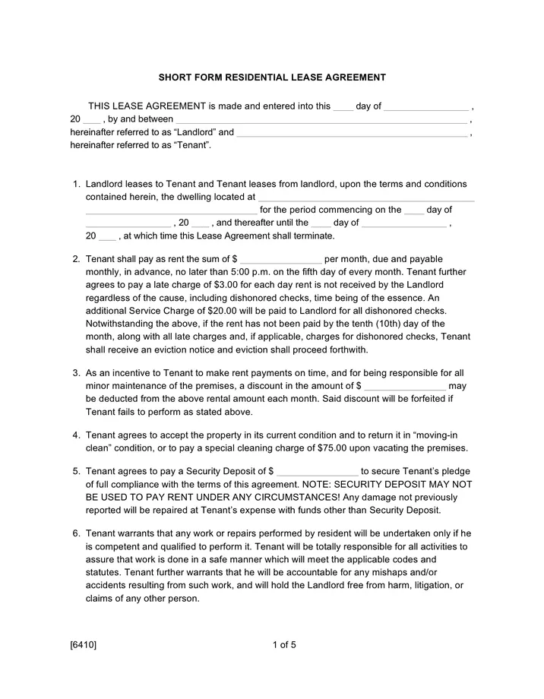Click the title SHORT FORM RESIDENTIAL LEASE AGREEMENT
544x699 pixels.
click(272, 77)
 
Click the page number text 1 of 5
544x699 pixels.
click(283, 645)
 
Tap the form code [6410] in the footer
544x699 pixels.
click(83, 645)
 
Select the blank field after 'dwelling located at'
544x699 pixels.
click(365, 198)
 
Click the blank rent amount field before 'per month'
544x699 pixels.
click(282, 260)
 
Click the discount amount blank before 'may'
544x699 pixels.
click(405, 387)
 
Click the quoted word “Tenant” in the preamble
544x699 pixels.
click(191, 145)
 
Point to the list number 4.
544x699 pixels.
click(76, 435)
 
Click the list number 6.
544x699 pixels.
click(76, 534)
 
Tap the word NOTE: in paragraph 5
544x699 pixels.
click(317, 484)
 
